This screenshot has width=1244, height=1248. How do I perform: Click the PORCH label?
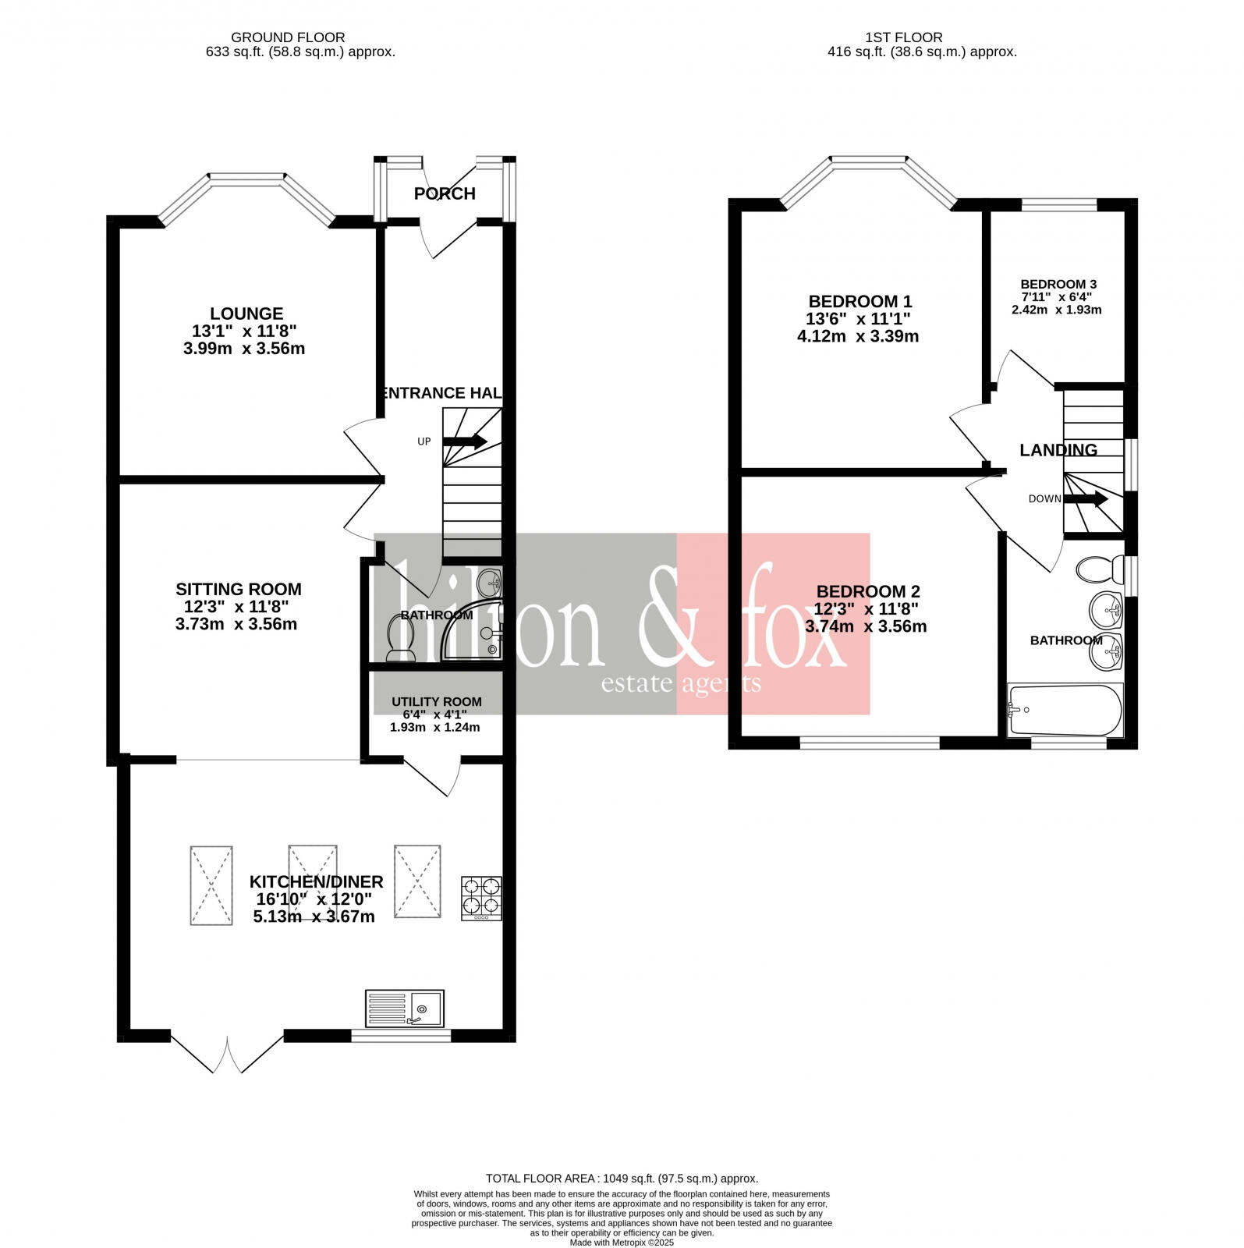click(x=445, y=193)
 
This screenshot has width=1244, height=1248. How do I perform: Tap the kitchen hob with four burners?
click(x=481, y=898)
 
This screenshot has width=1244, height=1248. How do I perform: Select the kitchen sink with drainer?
click(x=404, y=1009)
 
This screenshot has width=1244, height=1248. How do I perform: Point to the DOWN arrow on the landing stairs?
click(x=1086, y=498)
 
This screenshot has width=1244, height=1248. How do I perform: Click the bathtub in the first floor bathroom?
click(x=1065, y=711)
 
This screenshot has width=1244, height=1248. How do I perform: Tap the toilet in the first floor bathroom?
click(x=1098, y=569)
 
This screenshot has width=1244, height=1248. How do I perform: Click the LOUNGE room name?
click(x=246, y=314)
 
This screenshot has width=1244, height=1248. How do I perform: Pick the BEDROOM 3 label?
click(x=1058, y=284)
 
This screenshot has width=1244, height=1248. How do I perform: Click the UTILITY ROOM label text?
click(x=436, y=701)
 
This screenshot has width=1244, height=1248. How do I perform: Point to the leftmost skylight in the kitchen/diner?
click(x=211, y=885)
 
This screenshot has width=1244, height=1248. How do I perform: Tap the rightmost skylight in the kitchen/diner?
click(x=417, y=882)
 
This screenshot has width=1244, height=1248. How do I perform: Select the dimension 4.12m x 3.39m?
click(x=858, y=337)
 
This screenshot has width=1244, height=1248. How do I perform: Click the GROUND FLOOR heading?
click(x=288, y=37)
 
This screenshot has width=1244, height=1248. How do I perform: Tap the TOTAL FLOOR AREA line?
click(x=622, y=1179)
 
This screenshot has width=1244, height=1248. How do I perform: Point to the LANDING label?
click(x=1058, y=450)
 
